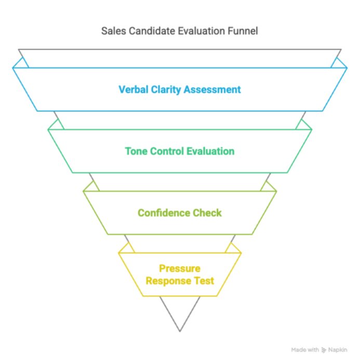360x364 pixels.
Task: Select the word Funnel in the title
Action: click(243, 31)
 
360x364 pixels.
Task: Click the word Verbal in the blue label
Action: click(134, 89)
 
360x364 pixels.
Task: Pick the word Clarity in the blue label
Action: click(166, 90)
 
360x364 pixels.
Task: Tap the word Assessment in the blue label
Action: click(212, 89)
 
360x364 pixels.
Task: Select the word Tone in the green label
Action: click(136, 151)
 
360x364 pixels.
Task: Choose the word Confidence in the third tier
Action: click(164, 213)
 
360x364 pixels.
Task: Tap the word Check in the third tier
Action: click(207, 213)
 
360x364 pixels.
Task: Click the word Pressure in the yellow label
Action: click(180, 269)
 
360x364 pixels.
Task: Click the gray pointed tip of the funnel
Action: click(180, 331)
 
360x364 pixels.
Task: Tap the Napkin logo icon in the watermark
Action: click(324, 350)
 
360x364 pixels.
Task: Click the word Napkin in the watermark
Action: click(338, 350)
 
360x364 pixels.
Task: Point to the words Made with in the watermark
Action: click(305, 350)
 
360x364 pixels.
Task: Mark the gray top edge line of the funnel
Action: click(180, 49)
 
